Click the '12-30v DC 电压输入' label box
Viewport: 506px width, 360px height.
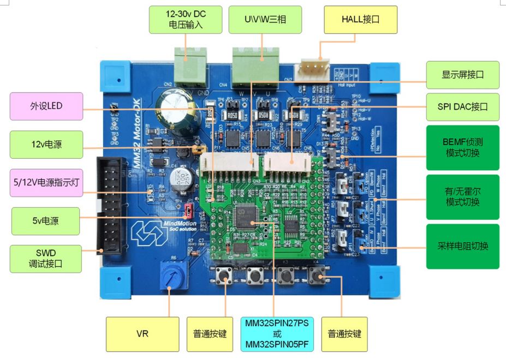click(186, 20)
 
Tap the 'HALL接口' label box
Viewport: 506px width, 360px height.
click(360, 20)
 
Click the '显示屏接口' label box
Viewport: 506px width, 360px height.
click(462, 75)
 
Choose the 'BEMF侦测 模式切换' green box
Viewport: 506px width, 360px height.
click(462, 148)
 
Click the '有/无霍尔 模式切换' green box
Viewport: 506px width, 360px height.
click(462, 197)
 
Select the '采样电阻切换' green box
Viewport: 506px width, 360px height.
click(462, 246)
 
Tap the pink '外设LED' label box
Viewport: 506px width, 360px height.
click(46, 106)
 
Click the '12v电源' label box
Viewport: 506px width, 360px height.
click(46, 145)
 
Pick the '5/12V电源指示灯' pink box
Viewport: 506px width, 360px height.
click(46, 183)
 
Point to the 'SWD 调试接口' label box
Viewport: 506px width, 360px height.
click(46, 258)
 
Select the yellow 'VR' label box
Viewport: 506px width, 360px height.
click(142, 333)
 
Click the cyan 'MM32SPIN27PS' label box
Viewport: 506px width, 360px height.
click(277, 333)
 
